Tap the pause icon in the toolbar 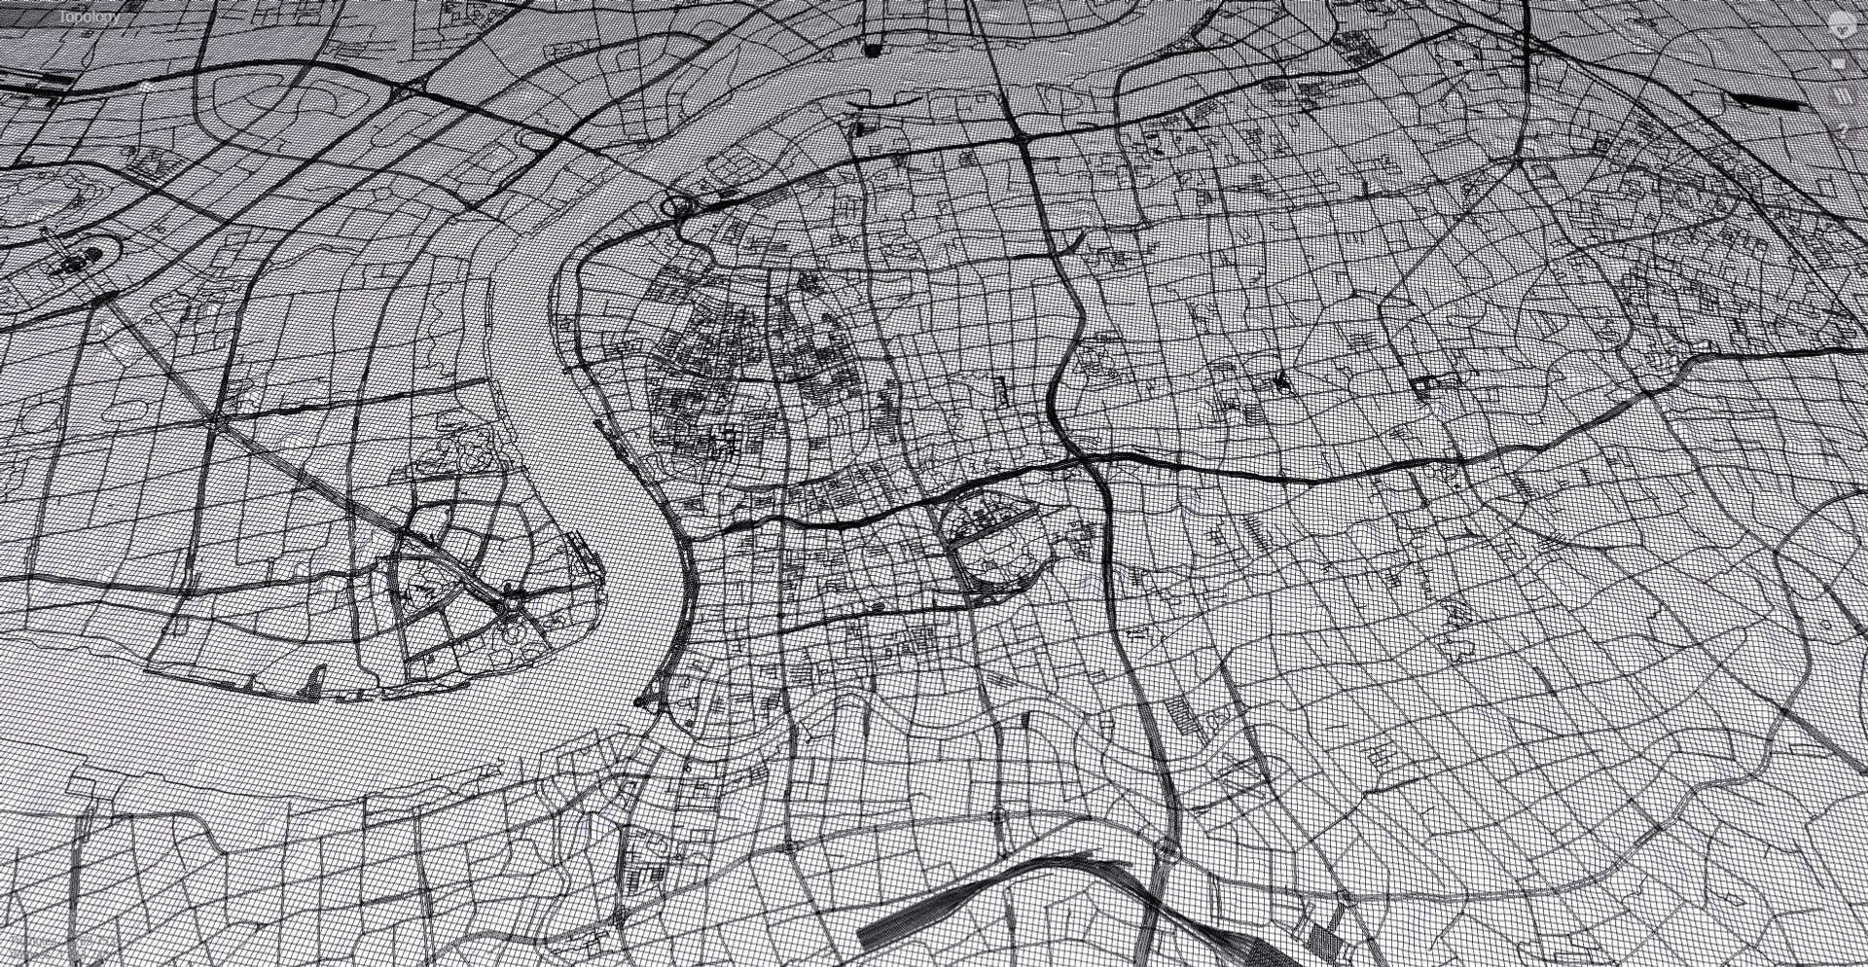pos(1840,95)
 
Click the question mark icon pos(1841,126)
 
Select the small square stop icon pos(1839,64)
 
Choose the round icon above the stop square pos(1841,24)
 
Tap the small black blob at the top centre pos(875,49)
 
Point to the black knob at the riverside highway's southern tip pos(639,699)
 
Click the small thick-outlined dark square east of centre pos(1426,385)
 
